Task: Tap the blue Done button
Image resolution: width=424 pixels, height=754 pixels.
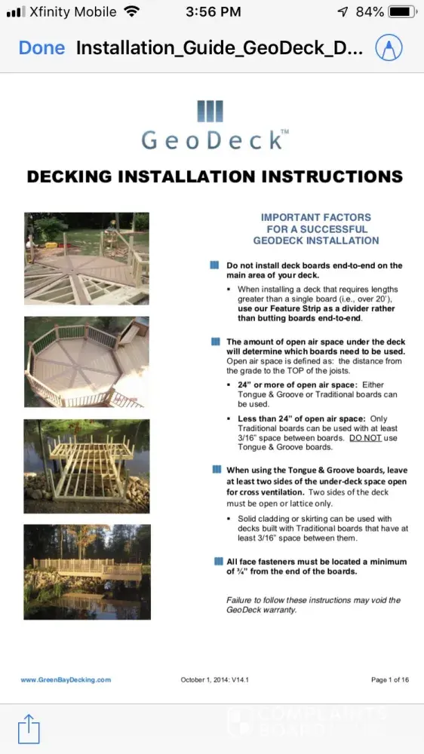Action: point(41,48)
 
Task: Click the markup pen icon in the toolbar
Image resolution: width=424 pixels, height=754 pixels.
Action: point(389,48)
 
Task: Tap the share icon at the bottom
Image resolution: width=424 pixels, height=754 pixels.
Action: point(29,728)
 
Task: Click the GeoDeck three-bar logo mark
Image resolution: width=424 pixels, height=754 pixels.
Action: point(210,111)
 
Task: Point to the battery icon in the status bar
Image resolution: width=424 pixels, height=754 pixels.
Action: point(403,12)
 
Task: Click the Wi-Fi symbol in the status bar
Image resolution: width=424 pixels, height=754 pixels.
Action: point(131,11)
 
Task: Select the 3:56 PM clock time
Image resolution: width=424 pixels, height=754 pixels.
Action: point(213,12)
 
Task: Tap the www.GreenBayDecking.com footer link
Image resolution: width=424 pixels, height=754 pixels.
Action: point(66,679)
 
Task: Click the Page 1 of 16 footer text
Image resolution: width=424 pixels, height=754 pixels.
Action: point(390,679)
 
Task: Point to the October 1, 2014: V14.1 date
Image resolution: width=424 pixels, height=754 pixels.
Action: point(215,679)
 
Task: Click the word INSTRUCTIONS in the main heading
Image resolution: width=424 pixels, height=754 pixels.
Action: point(332,176)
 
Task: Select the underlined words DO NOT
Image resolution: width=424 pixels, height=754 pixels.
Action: point(365,438)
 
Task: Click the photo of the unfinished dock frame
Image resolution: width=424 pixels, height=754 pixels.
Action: point(87,466)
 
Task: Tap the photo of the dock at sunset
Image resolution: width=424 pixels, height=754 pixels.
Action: point(87,572)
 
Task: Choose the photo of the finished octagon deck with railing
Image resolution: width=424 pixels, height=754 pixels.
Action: point(87,362)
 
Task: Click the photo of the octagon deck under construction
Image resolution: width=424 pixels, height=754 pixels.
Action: point(87,259)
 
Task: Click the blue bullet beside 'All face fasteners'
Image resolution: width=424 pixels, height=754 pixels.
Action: point(219,561)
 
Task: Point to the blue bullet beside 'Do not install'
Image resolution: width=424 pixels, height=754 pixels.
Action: point(215,265)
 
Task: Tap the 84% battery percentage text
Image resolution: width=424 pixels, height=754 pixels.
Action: point(370,12)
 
